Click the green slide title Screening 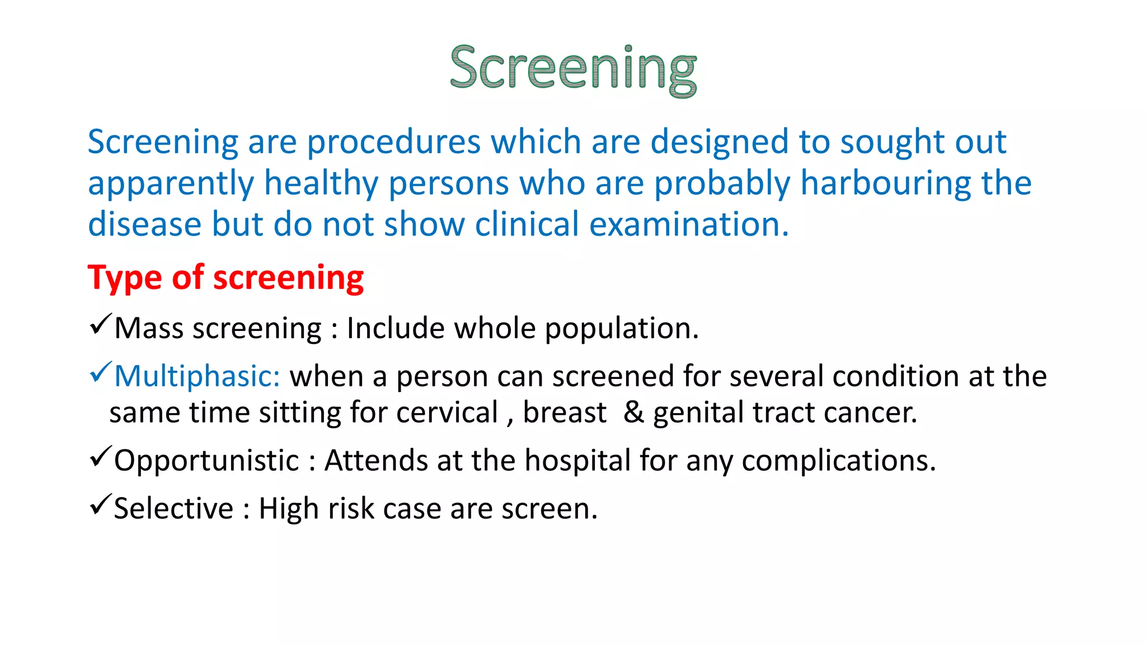click(x=573, y=68)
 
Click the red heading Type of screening click(x=226, y=278)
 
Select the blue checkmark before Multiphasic click(x=100, y=372)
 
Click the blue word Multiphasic click(x=197, y=376)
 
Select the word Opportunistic click(x=206, y=461)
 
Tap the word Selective click(x=173, y=508)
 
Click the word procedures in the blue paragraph click(x=393, y=142)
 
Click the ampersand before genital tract click(x=633, y=412)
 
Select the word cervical click(x=447, y=413)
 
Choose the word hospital click(x=577, y=461)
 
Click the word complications click(x=838, y=461)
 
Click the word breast click(x=564, y=413)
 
